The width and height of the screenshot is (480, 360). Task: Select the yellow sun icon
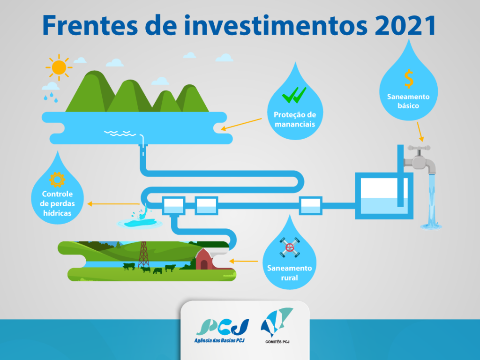click(59, 67)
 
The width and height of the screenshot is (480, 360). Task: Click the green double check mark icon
click(294, 96)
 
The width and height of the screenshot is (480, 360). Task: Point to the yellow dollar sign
click(409, 79)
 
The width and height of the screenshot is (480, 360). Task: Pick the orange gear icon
click(57, 180)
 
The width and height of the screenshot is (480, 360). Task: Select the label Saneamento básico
click(408, 101)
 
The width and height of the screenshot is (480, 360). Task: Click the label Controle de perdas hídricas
click(57, 203)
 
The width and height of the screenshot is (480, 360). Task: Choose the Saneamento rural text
click(289, 273)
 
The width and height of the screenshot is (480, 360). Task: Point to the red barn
click(204, 259)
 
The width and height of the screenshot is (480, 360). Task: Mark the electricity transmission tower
click(143, 255)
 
